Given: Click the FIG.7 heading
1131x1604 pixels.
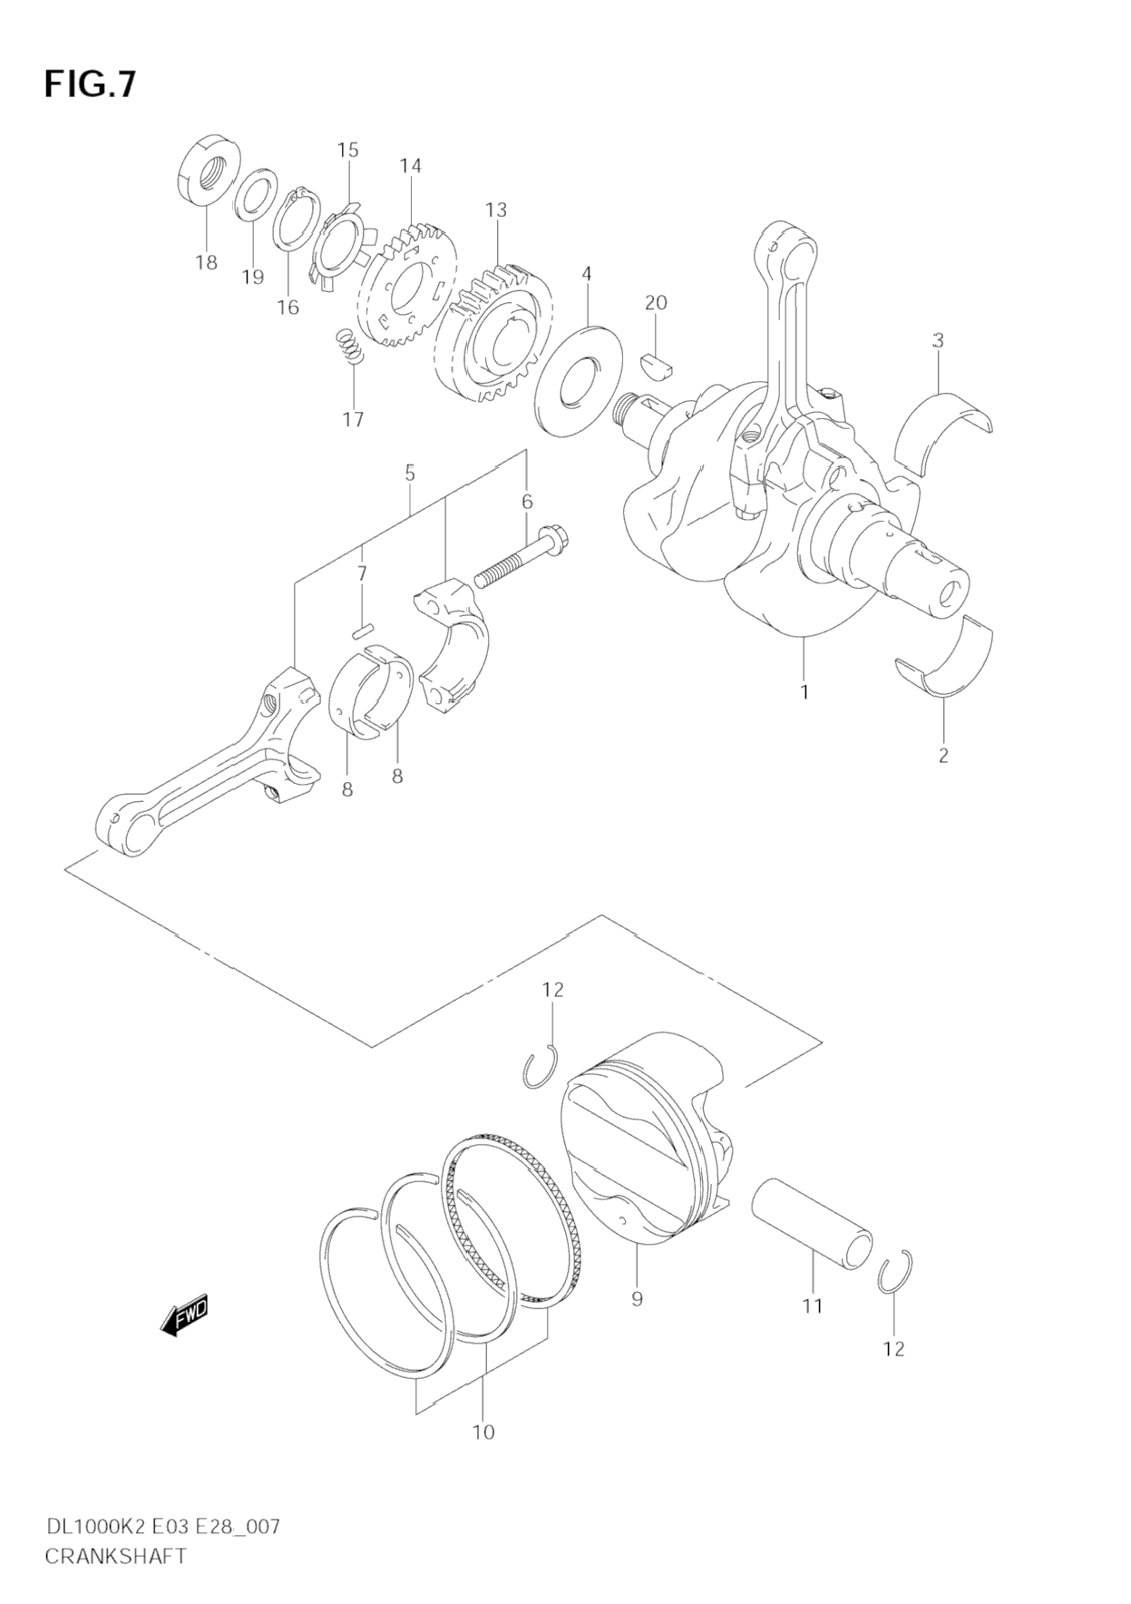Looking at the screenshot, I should pos(90,83).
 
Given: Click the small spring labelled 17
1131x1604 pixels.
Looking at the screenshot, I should pos(349,346).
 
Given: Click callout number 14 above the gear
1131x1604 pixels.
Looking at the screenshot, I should pos(410,166).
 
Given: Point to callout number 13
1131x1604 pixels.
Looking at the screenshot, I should pos(495,210).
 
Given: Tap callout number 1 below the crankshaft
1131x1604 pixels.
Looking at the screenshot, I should pos(804,692).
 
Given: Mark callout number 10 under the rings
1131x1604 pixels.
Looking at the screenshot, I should pos(483,1432).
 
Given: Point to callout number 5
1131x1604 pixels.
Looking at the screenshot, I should pos(410,473).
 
